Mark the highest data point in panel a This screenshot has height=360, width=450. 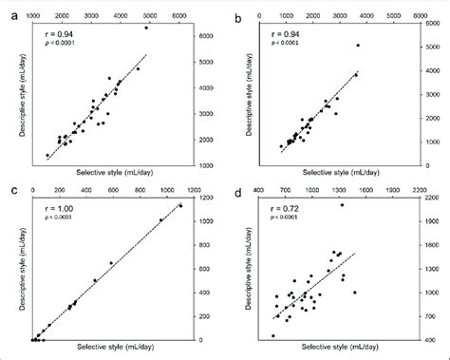click(x=145, y=28)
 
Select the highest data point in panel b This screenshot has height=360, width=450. click(x=357, y=45)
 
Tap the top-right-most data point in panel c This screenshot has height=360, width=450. click(x=180, y=205)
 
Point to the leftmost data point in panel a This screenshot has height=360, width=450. click(x=48, y=155)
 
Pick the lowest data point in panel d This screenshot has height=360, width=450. click(x=273, y=335)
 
